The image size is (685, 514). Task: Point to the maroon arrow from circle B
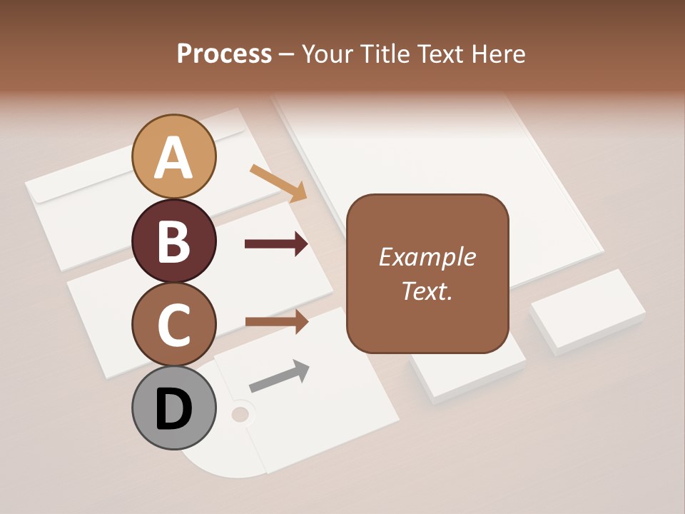click(x=276, y=244)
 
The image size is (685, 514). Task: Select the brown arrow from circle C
click(x=276, y=321)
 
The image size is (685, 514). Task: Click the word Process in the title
click(x=224, y=54)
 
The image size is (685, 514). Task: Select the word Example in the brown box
click(x=427, y=257)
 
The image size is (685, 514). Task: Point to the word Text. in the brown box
click(x=427, y=291)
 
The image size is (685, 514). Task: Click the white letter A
click(x=173, y=158)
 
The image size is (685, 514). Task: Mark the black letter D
click(x=173, y=410)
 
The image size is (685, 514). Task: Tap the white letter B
click(x=173, y=241)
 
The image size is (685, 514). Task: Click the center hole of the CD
click(x=240, y=413)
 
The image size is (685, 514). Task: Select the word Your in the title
click(x=328, y=54)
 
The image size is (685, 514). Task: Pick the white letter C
click(x=173, y=325)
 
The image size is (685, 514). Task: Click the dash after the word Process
click(x=287, y=55)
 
